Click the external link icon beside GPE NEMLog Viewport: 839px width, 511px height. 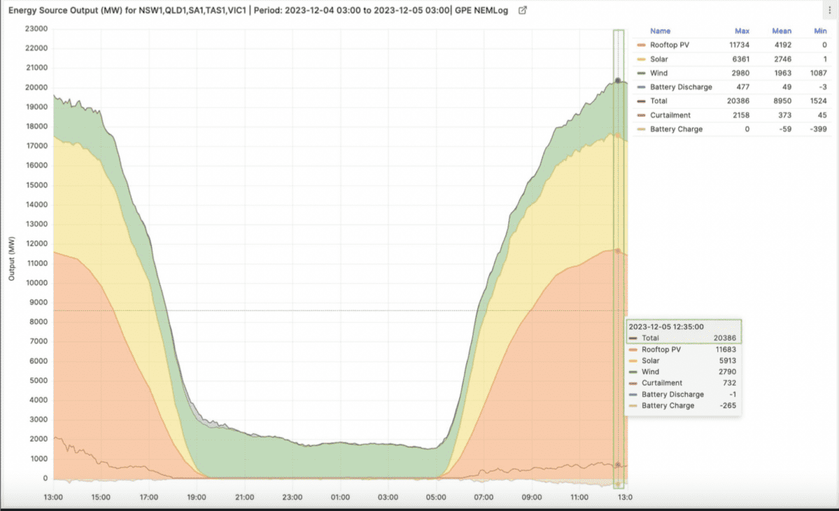pyautogui.click(x=522, y=11)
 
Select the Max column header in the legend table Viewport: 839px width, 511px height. pyautogui.click(x=742, y=31)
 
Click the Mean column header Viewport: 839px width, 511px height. pyautogui.click(x=782, y=31)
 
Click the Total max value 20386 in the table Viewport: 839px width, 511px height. pyautogui.click(x=738, y=101)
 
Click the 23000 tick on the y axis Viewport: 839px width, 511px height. pyautogui.click(x=36, y=29)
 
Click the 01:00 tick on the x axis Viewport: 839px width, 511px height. pyautogui.click(x=340, y=498)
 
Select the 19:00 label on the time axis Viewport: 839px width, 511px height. pyautogui.click(x=197, y=498)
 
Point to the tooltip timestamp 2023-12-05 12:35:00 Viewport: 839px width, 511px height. pyautogui.click(x=666, y=326)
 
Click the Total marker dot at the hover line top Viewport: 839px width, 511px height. pyautogui.click(x=618, y=81)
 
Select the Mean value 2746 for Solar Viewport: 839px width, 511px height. pyautogui.click(x=781, y=59)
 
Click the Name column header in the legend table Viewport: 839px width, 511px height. pyautogui.click(x=660, y=31)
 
